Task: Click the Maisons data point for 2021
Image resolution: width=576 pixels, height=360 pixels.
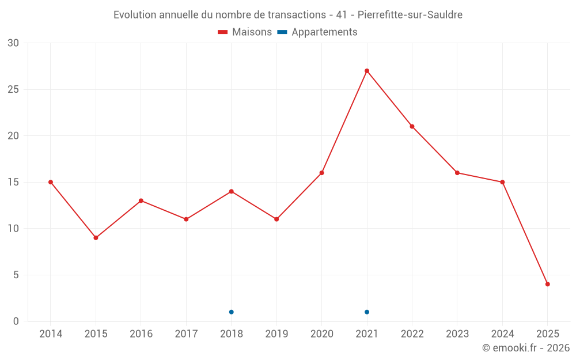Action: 367,71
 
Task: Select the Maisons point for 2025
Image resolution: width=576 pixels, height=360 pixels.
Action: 548,284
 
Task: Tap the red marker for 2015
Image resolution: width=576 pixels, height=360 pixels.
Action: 96,238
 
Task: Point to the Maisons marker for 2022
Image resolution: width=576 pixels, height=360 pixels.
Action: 412,127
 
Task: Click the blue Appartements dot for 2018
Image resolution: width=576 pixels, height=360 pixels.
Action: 232,312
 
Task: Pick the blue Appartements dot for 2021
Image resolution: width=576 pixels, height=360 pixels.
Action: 367,312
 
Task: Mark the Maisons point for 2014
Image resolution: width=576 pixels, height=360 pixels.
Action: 51,182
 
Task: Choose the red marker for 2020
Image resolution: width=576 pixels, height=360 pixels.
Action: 322,173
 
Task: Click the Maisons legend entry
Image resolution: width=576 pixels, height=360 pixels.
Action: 245,32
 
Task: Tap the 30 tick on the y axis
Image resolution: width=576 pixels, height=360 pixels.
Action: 13,43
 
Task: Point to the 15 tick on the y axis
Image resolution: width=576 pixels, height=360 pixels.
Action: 13,182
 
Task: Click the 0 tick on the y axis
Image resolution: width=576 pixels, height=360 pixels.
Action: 16,321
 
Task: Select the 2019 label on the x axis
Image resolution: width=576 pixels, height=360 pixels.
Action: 276,334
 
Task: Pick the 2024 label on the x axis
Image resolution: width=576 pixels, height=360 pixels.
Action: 502,334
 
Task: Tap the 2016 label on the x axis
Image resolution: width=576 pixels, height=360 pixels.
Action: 141,334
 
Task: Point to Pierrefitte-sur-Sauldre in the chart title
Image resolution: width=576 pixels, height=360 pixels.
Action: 410,15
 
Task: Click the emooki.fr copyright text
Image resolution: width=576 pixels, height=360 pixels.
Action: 526,348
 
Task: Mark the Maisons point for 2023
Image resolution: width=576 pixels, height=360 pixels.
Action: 457,173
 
